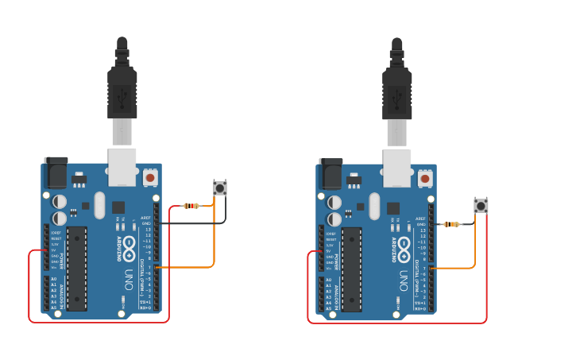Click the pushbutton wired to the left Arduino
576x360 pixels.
pyautogui.click(x=220, y=188)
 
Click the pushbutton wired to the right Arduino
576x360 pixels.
pyautogui.click(x=481, y=206)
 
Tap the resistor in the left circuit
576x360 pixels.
pyautogui.click(x=191, y=206)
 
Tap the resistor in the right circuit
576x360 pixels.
pyautogui.click(x=451, y=224)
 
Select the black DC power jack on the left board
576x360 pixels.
pyautogui.click(x=56, y=172)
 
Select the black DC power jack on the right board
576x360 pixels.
pyautogui.click(x=330, y=173)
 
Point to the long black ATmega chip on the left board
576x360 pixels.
pyautogui.click(x=77, y=268)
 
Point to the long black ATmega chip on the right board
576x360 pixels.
pyautogui.click(x=351, y=269)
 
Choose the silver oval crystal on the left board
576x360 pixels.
pyautogui.click(x=99, y=205)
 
